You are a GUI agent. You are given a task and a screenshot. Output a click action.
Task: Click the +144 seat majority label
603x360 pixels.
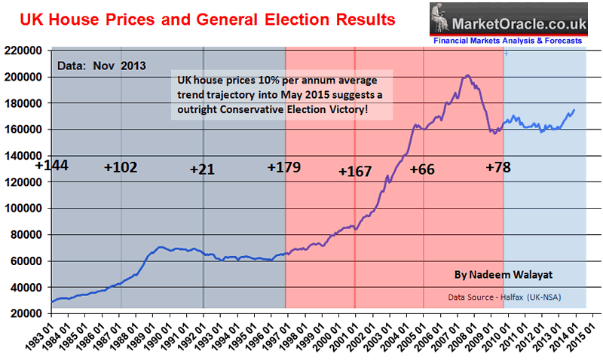tap(51, 164)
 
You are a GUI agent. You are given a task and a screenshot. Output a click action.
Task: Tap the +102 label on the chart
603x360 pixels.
tap(121, 168)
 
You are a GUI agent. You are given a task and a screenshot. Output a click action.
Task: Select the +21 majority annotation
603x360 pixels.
tap(203, 169)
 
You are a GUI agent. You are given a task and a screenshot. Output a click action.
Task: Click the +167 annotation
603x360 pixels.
tap(355, 172)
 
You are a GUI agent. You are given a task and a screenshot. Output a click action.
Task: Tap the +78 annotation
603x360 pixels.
tap(498, 167)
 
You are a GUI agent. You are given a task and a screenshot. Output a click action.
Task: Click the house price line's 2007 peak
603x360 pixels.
tap(467, 75)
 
